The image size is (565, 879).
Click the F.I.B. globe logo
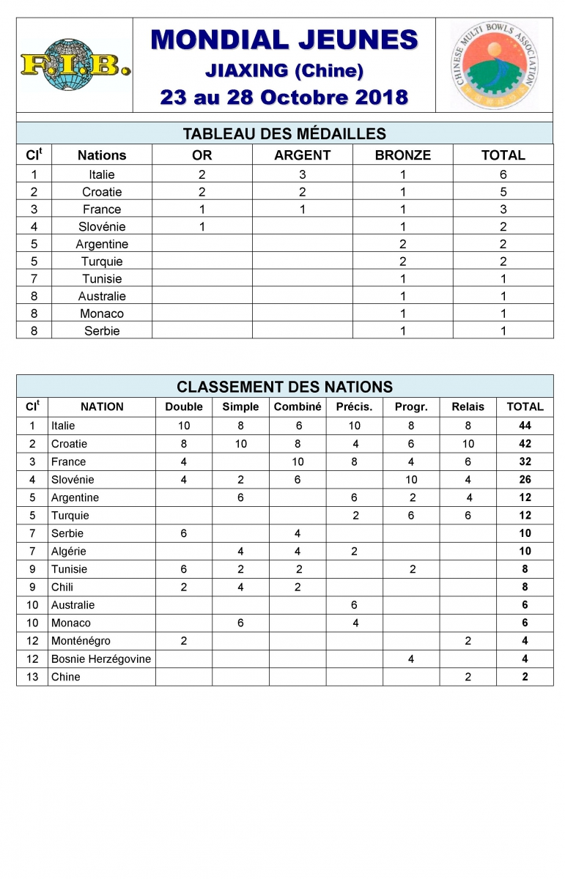tap(75, 66)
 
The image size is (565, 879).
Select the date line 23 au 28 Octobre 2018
tap(284, 97)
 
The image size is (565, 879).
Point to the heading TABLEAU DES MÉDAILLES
tap(284, 133)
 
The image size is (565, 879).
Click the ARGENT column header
tap(302, 155)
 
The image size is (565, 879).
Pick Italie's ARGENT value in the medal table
tap(302, 174)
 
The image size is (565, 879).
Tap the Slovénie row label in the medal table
tap(102, 226)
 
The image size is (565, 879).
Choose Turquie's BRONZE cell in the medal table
tap(402, 262)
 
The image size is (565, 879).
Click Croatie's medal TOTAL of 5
tap(503, 192)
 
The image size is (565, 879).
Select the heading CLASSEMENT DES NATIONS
tap(284, 387)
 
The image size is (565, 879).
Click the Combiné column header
tap(298, 407)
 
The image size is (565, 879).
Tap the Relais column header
tap(468, 407)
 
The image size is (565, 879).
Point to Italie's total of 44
tap(525, 426)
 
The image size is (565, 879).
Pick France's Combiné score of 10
tap(298, 461)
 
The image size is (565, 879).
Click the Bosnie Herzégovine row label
tap(101, 659)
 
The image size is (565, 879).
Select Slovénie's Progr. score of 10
tap(411, 480)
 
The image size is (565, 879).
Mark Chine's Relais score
tap(468, 677)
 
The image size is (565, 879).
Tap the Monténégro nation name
tap(81, 641)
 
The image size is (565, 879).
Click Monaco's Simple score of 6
tap(240, 623)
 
